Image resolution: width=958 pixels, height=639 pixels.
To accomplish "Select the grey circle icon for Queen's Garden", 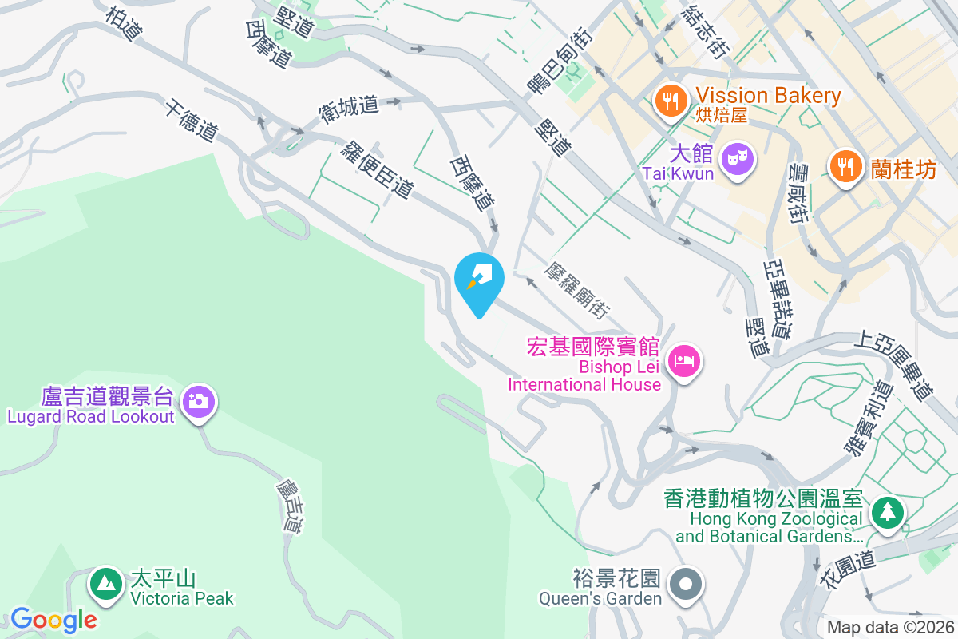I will pos(686,584).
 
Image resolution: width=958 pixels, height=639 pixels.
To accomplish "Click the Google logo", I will pos(53,619).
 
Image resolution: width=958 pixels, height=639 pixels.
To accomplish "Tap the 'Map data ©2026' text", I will pos(890,627).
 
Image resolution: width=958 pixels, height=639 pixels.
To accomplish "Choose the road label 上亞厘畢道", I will pos(893,366).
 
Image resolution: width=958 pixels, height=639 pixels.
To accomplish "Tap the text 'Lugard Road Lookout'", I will pos(91,417).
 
